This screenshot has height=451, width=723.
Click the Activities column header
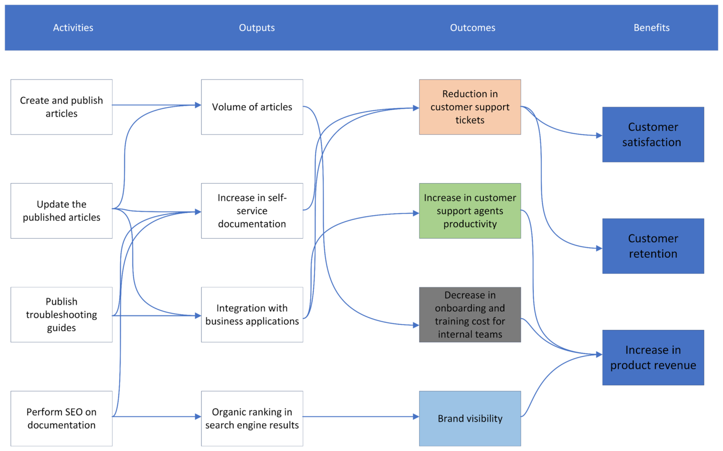click(x=73, y=28)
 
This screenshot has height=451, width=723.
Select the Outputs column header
click(x=257, y=28)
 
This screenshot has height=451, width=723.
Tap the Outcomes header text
click(x=473, y=28)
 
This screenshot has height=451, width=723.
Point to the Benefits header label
click(x=651, y=28)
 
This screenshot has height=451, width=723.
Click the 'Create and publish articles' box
click(x=61, y=107)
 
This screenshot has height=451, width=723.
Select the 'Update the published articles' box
click(x=61, y=211)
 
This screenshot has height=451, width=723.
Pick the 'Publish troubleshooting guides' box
click(x=61, y=314)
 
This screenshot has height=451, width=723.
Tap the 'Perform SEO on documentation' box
click(x=61, y=419)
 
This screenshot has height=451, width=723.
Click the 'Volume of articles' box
click(x=252, y=107)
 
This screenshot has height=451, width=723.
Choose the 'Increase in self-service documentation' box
click(x=252, y=211)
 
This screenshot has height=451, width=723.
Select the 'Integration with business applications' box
click(x=252, y=314)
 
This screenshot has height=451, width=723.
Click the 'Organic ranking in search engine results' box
click(x=252, y=419)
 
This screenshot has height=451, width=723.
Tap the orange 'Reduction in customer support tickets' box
click(x=470, y=107)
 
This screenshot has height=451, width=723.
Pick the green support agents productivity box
click(x=470, y=211)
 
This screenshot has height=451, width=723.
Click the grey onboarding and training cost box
click(x=470, y=314)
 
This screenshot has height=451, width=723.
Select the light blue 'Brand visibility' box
click(x=470, y=419)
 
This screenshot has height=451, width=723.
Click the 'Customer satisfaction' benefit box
click(x=653, y=135)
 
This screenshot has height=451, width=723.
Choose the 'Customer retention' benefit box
click(x=653, y=246)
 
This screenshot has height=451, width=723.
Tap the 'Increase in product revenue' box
click(x=653, y=357)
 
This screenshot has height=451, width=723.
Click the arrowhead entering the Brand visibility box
click(x=416, y=417)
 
